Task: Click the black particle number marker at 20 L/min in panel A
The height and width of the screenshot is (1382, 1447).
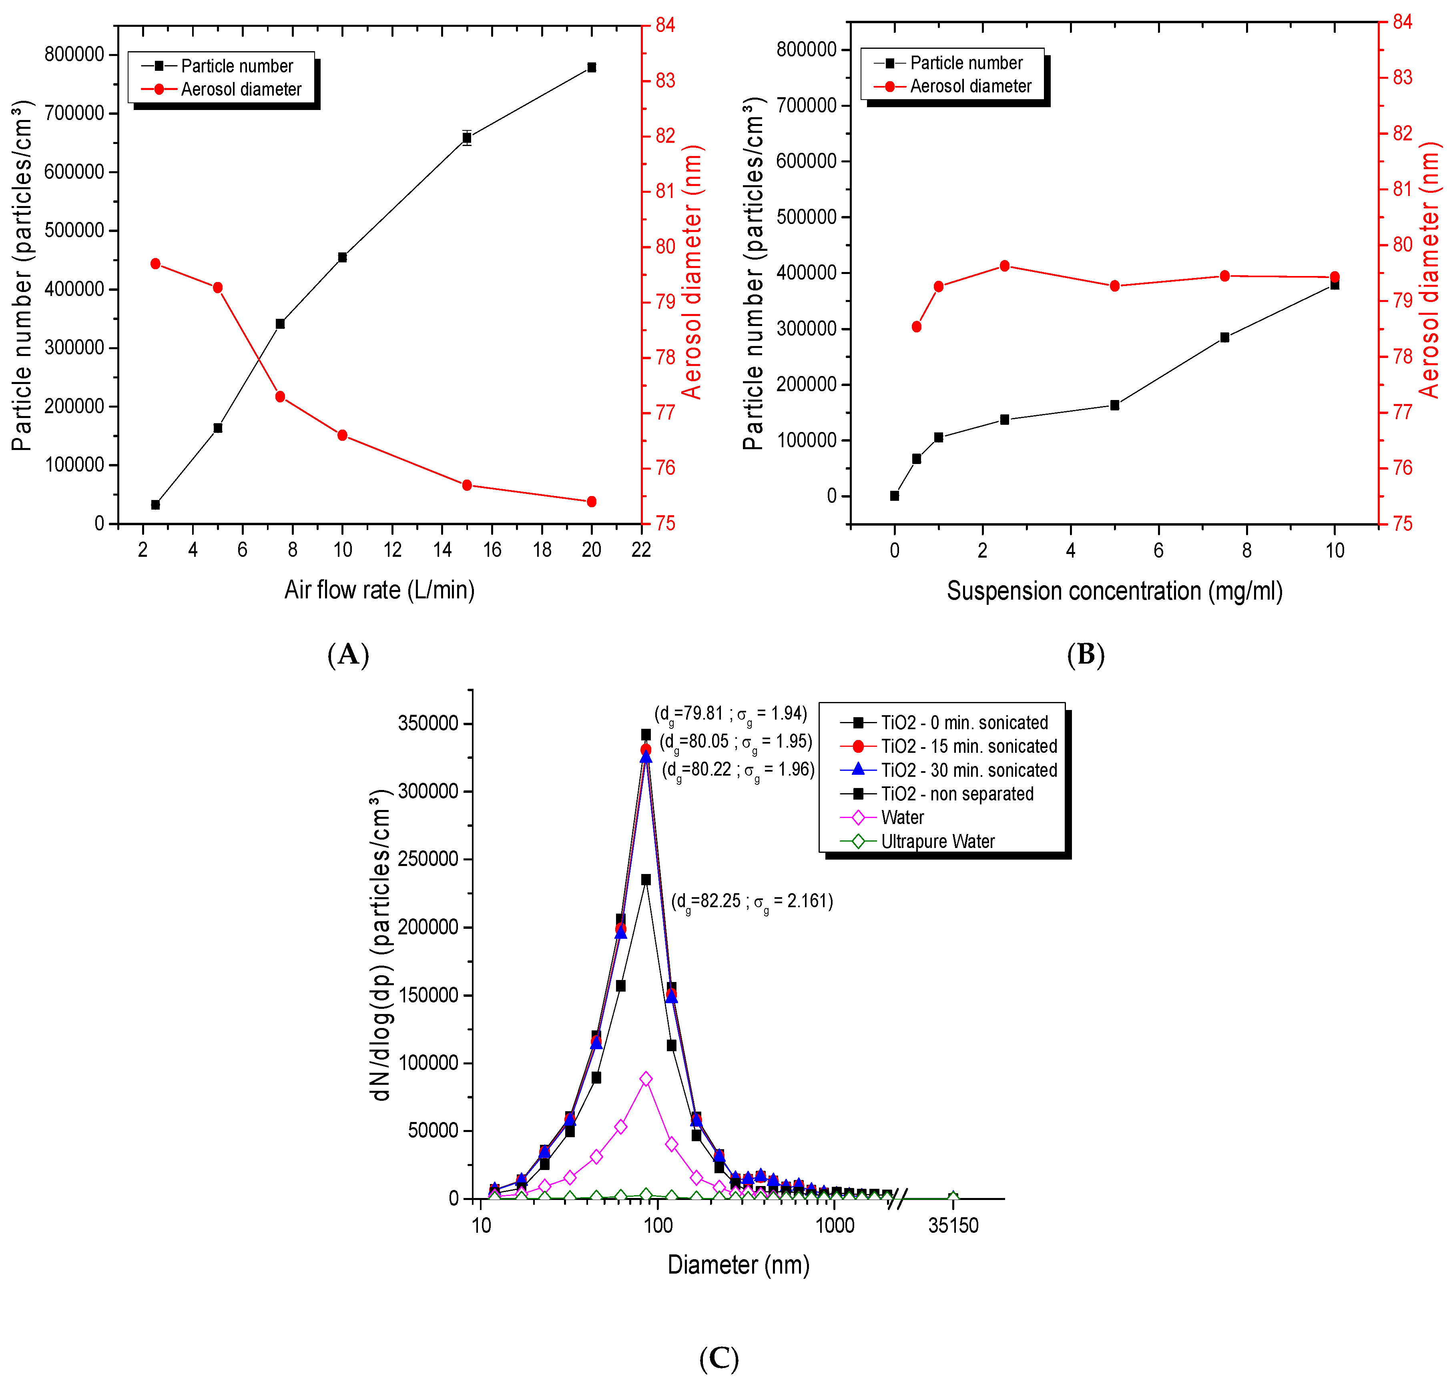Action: (x=591, y=68)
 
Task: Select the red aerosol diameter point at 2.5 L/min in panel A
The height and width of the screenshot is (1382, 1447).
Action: (x=156, y=264)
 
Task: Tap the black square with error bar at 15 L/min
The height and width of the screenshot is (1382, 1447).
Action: (x=467, y=138)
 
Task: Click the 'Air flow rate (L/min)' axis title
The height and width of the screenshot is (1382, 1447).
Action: (x=379, y=590)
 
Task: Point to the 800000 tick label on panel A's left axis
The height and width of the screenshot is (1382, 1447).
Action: (x=74, y=54)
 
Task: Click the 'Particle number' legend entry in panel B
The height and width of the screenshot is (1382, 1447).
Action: (x=965, y=63)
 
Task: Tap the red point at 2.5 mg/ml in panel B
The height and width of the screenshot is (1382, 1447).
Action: (x=1004, y=266)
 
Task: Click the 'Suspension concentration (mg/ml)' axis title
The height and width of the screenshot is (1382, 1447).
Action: (x=1114, y=592)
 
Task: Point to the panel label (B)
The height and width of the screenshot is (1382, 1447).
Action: (x=1085, y=654)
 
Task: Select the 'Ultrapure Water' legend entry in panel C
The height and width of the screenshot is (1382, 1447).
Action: (x=937, y=841)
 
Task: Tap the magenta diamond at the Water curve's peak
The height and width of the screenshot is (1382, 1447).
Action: (x=646, y=1078)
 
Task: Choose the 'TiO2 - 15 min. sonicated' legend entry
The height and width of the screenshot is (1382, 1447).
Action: (x=969, y=746)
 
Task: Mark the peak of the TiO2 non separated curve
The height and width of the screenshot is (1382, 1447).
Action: (x=646, y=880)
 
